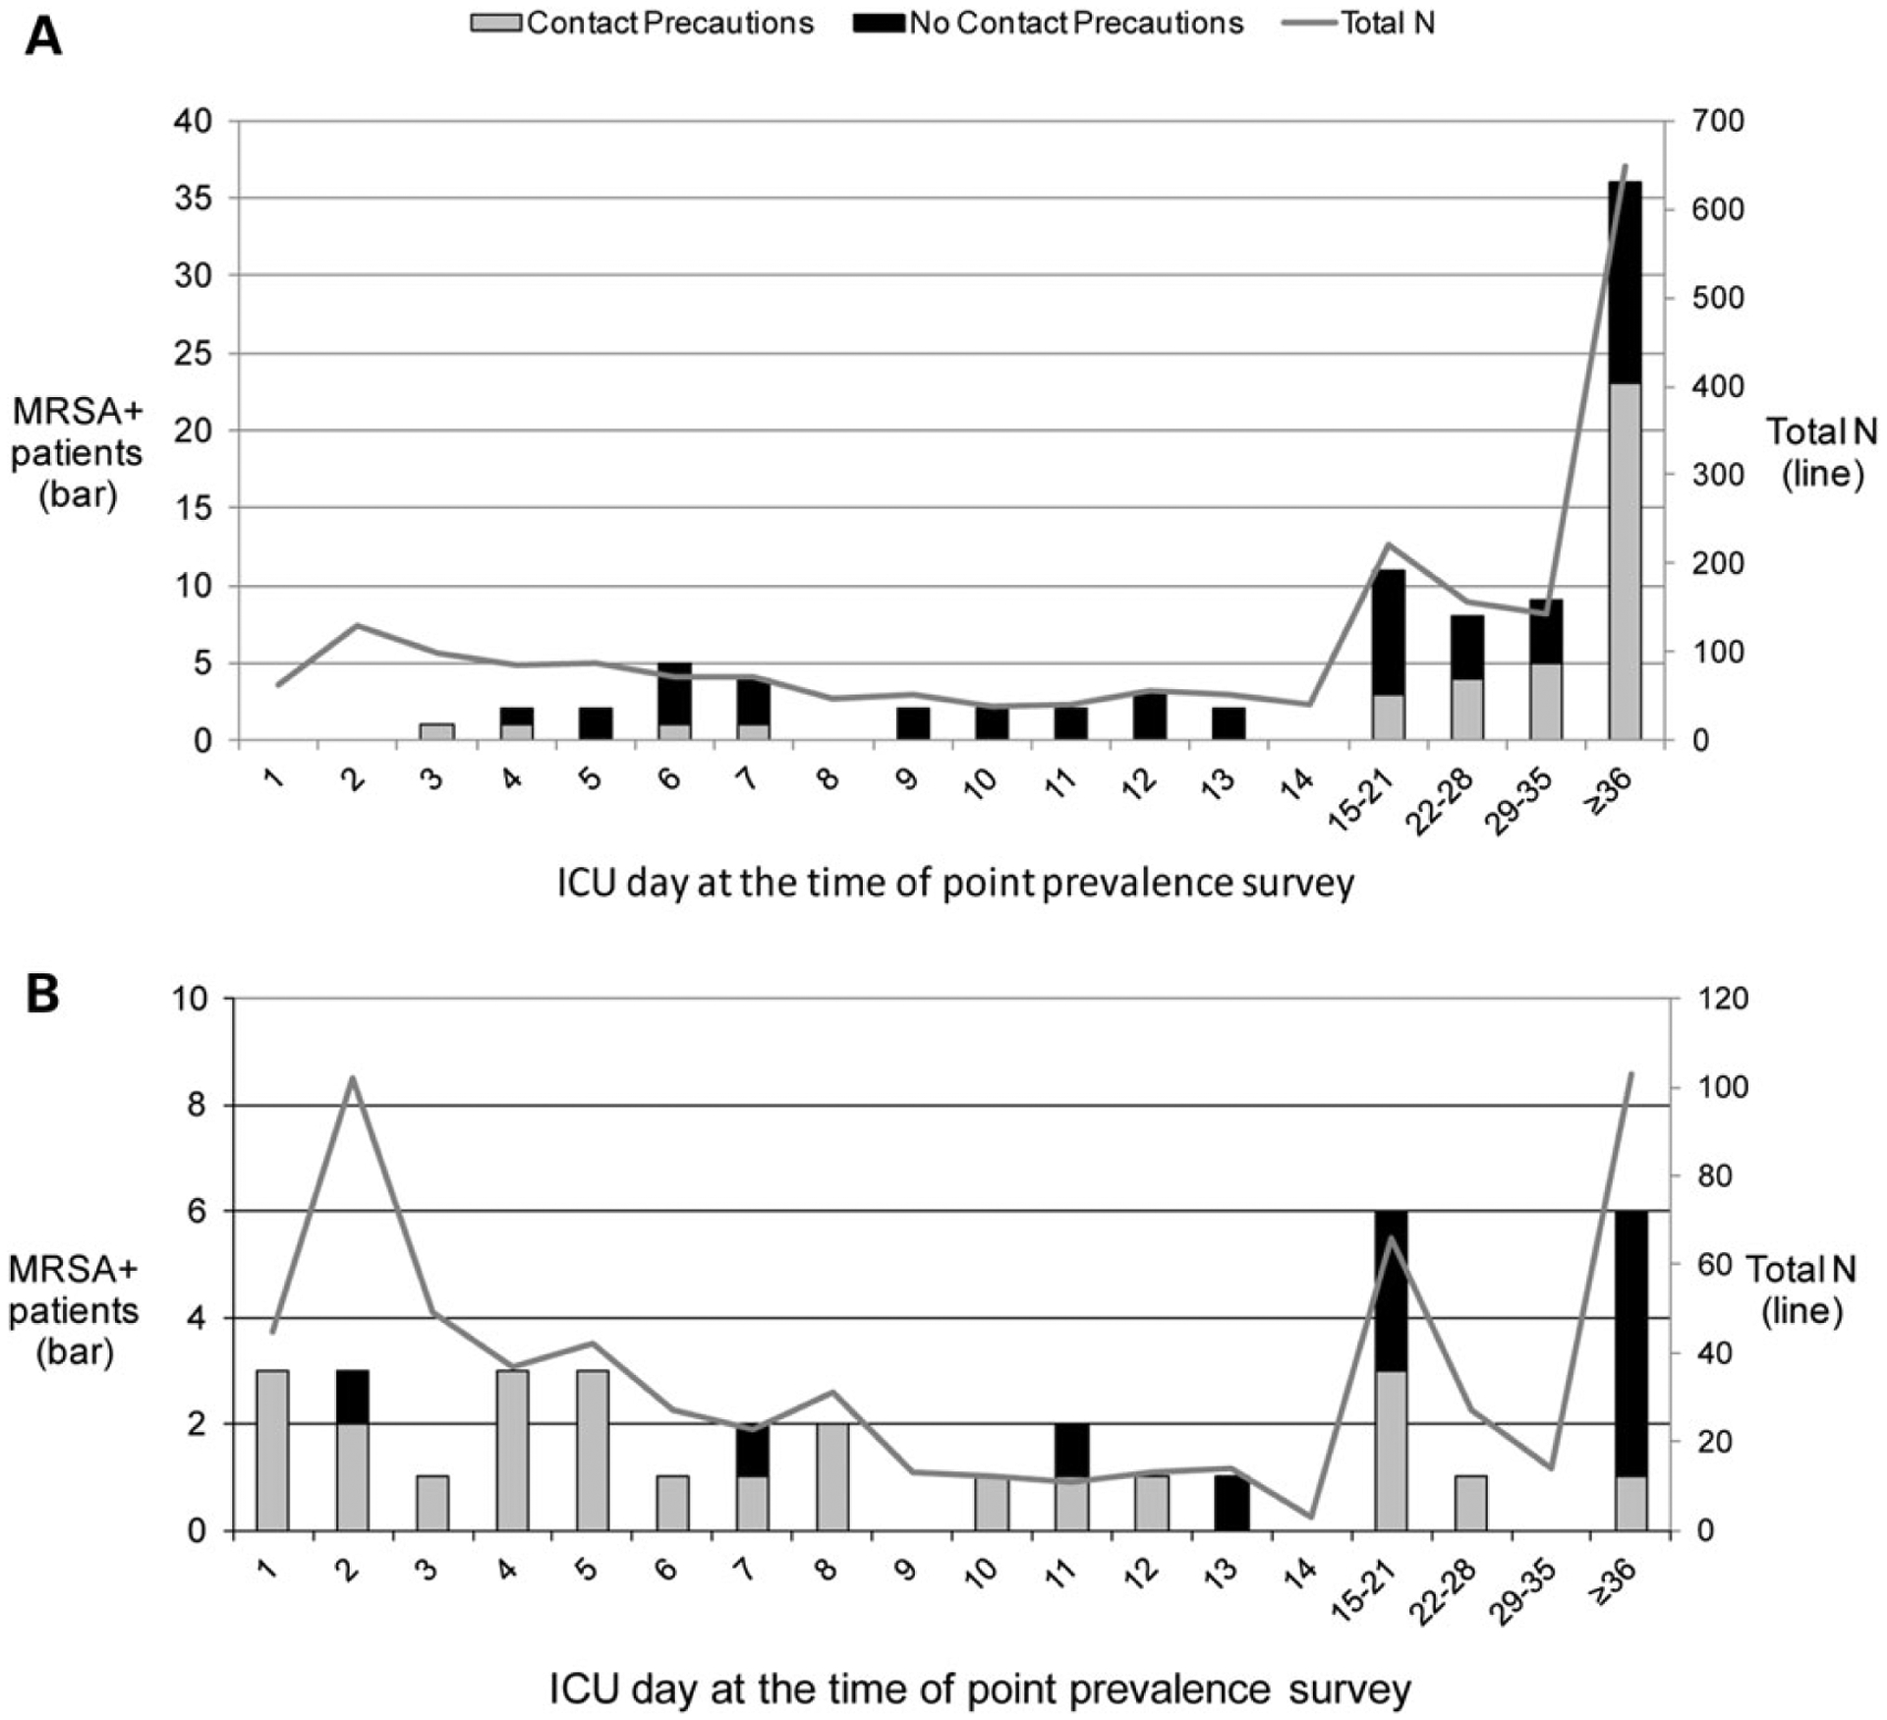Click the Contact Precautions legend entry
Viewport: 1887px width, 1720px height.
click(x=643, y=23)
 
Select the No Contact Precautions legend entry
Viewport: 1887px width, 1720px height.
click(x=1049, y=23)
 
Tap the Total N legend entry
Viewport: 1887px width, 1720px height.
click(x=1360, y=23)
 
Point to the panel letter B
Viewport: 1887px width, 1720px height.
click(x=42, y=994)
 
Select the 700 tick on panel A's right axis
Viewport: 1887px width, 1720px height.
click(x=1717, y=122)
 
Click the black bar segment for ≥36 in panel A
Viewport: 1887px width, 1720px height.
click(x=1626, y=282)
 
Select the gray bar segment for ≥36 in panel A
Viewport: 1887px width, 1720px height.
click(x=1626, y=560)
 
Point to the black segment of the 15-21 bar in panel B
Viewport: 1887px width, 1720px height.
click(x=1391, y=1290)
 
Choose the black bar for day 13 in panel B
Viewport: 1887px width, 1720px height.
click(x=1231, y=1503)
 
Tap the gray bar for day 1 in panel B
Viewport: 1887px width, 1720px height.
click(x=272, y=1450)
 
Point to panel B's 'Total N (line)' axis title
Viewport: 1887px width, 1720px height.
click(x=1801, y=1290)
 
